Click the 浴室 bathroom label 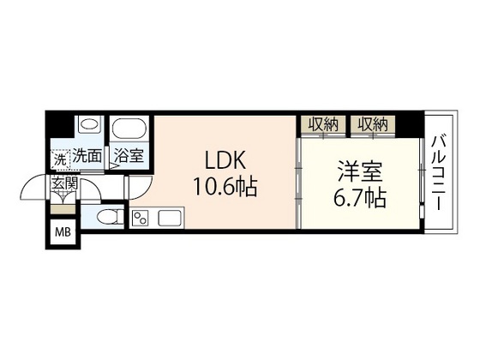coord(130,158)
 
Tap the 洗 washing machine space coord(59,159)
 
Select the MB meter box coord(63,231)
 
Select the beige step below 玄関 coord(63,207)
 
